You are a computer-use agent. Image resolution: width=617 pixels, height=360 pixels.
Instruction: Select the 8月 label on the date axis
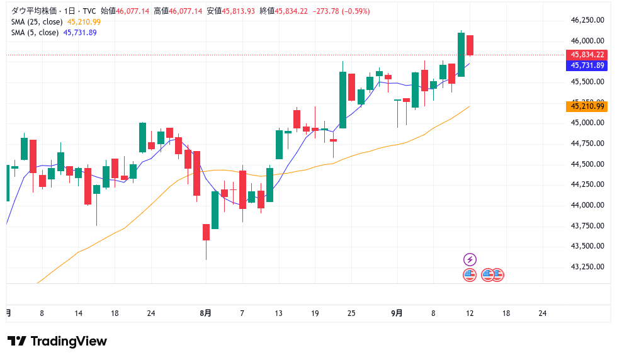(205, 313)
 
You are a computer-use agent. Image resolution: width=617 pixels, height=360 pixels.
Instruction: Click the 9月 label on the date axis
(397, 313)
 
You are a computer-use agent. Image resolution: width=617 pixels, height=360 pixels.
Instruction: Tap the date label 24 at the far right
(543, 313)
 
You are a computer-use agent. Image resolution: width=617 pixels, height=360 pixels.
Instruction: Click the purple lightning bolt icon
(470, 259)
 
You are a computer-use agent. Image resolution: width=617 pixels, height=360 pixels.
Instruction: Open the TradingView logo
(57, 341)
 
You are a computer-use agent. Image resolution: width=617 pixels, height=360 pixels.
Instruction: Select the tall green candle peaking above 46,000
(461, 55)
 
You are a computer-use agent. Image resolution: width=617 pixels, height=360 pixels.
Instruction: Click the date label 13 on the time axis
(278, 313)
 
